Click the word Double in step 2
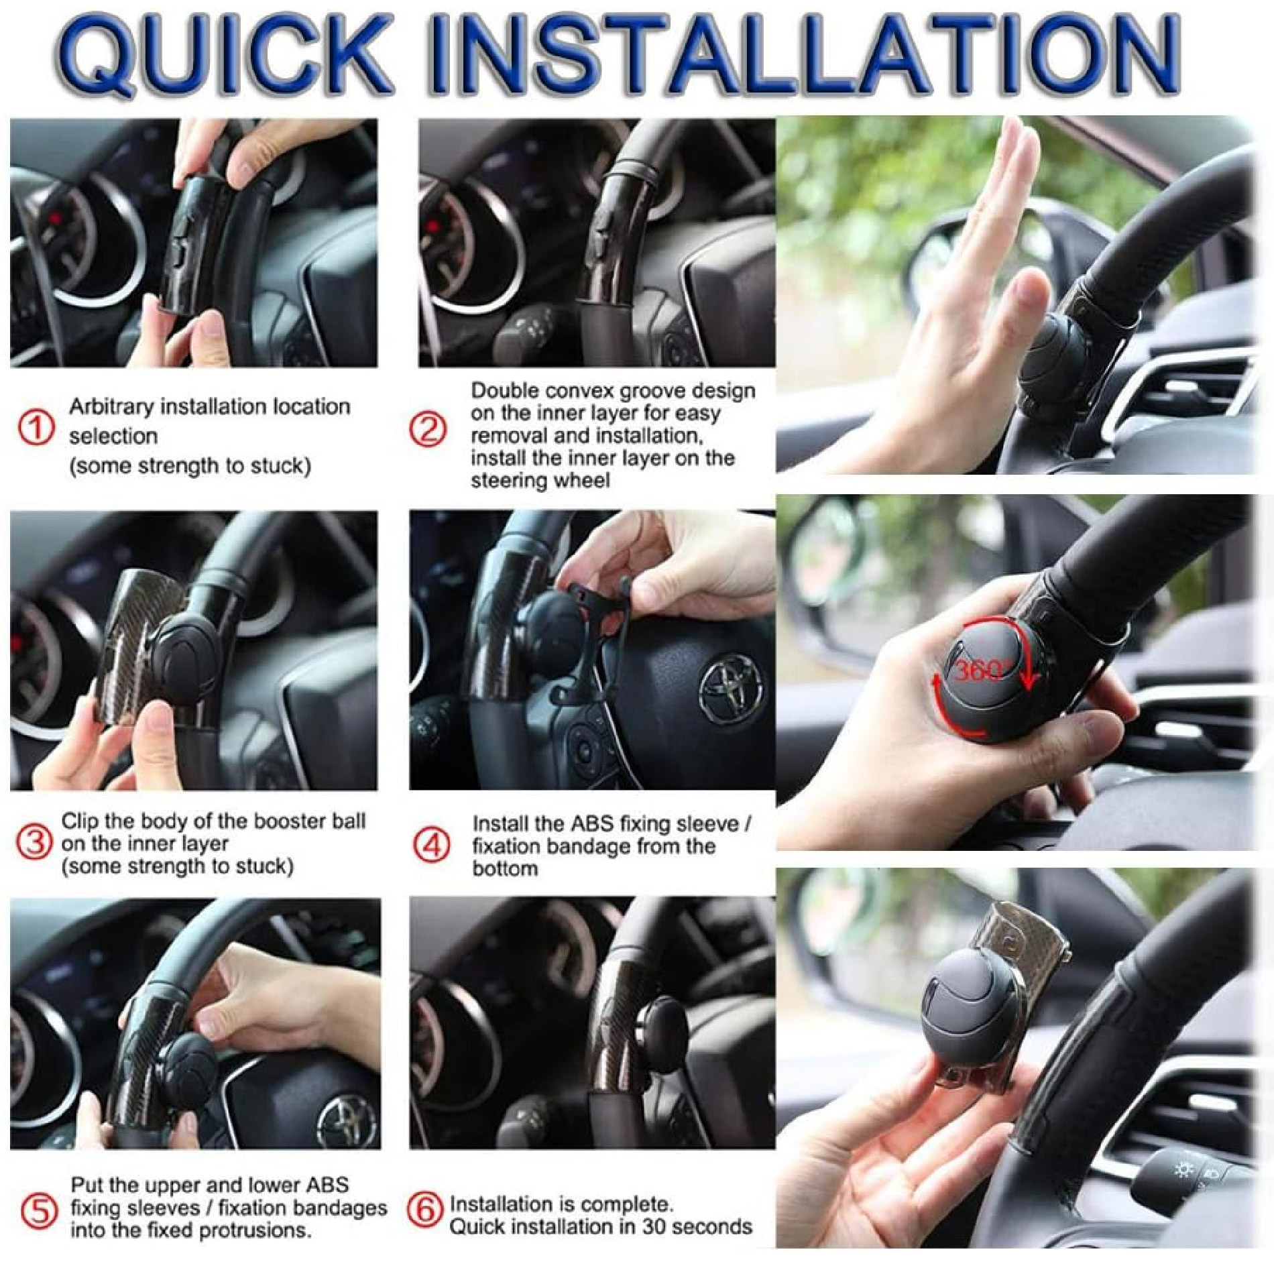[x=506, y=390]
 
